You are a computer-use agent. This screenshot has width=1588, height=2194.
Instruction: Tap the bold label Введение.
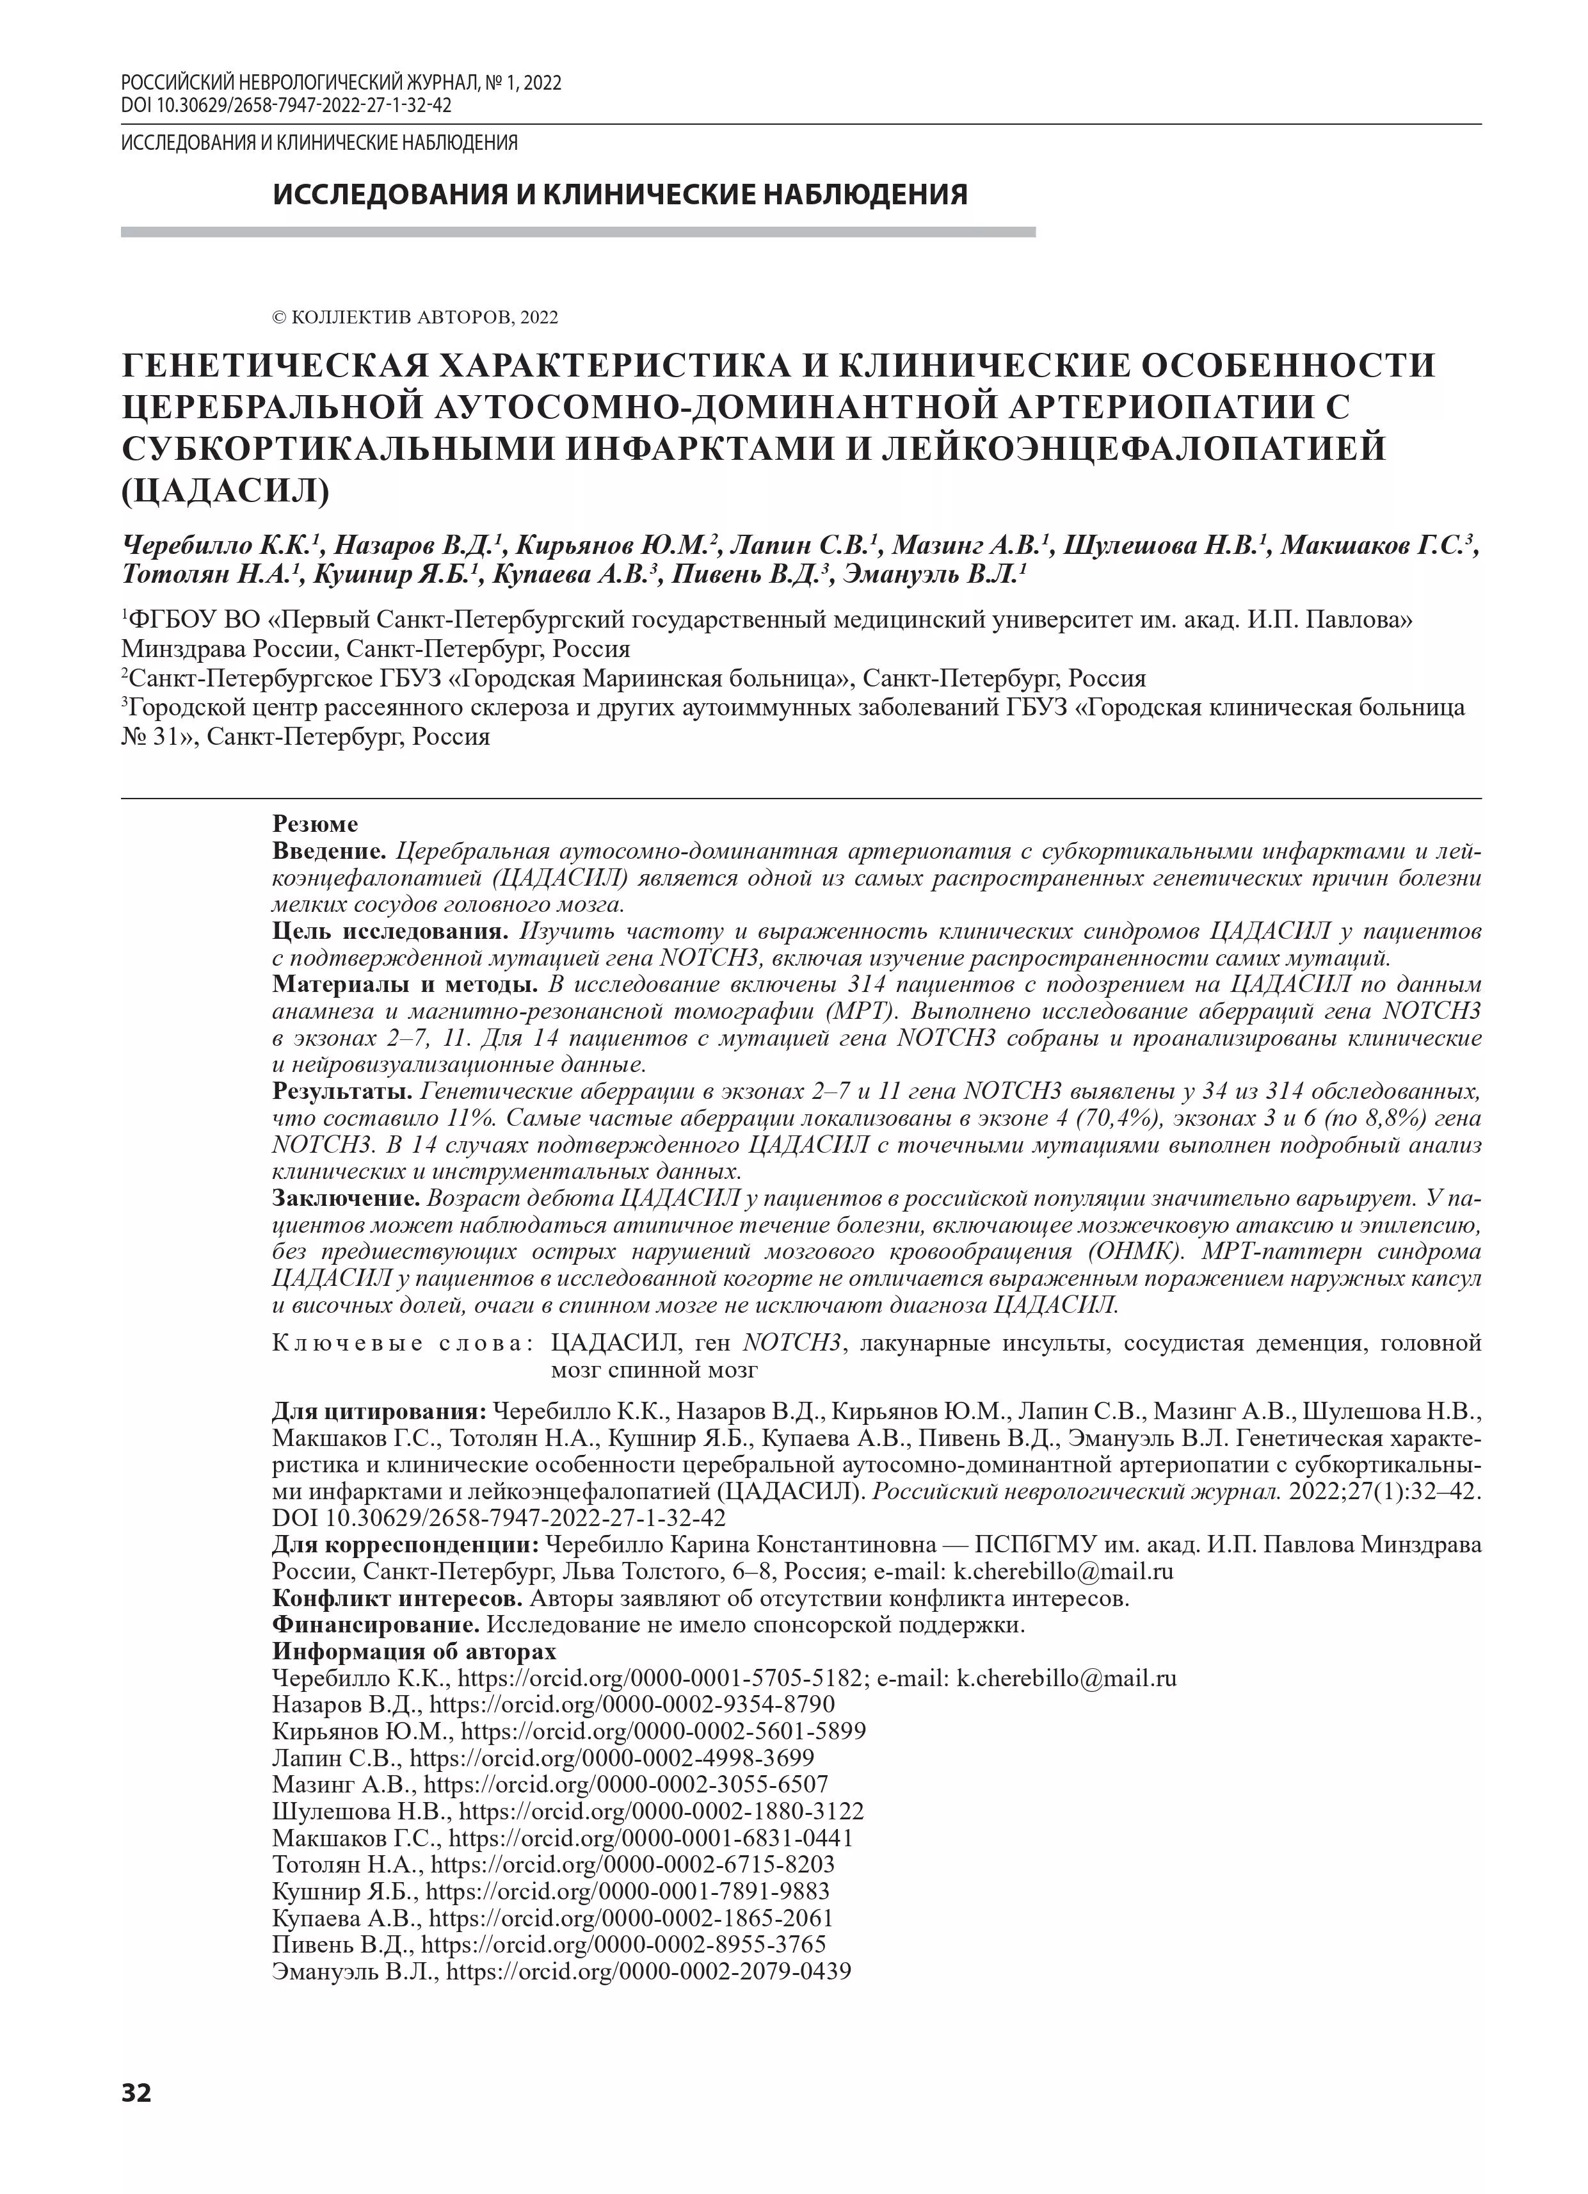[330, 851]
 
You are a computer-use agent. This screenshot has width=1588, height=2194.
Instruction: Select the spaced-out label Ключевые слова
[405, 1344]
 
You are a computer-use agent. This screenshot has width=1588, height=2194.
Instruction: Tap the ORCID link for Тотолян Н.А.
[632, 1865]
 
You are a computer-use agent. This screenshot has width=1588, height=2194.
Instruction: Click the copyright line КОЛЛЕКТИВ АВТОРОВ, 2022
[416, 317]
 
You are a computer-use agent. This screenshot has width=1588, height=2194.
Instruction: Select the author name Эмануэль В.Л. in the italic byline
[933, 574]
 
